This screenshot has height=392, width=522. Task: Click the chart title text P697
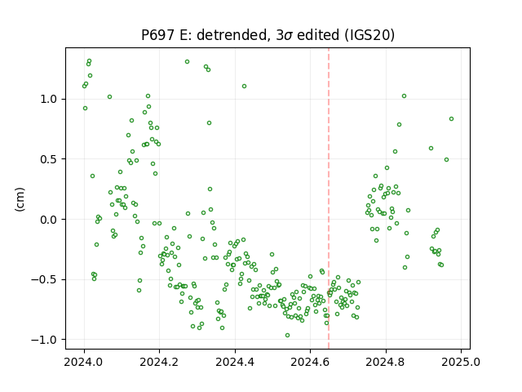pos(157,34)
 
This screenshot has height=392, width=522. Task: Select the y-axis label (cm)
pos(20,199)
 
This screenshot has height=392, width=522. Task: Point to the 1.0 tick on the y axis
pos(48,100)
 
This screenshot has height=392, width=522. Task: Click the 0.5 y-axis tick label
pos(48,159)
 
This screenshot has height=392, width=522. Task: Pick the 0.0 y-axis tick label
pos(48,220)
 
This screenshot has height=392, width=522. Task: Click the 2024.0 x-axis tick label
pos(84,362)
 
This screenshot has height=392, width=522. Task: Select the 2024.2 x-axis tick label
pos(160,362)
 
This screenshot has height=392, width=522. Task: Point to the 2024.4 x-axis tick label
pos(235,362)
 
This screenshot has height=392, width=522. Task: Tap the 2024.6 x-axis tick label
pos(310,362)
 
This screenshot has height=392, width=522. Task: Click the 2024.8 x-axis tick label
pos(386,362)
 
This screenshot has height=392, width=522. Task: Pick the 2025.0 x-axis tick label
pos(461,362)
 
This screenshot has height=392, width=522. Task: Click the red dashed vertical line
pos(329,198)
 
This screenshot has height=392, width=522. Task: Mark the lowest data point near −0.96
pos(287,335)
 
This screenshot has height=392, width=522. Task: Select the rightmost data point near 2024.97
pos(451,118)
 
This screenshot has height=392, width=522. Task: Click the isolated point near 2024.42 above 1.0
pos(244,86)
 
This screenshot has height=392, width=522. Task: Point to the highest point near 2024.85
pos(404,96)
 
